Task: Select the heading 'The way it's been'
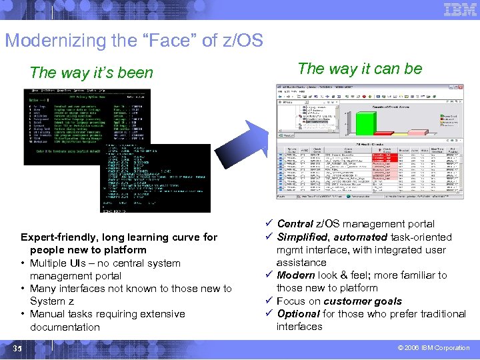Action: coord(91,73)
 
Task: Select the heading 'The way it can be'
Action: coord(359,68)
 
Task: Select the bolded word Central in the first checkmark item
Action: coord(295,224)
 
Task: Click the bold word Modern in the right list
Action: coord(295,275)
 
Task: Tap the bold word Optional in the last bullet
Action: coord(299,313)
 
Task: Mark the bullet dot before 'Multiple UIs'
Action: coord(23,263)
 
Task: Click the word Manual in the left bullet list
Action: coord(47,314)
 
